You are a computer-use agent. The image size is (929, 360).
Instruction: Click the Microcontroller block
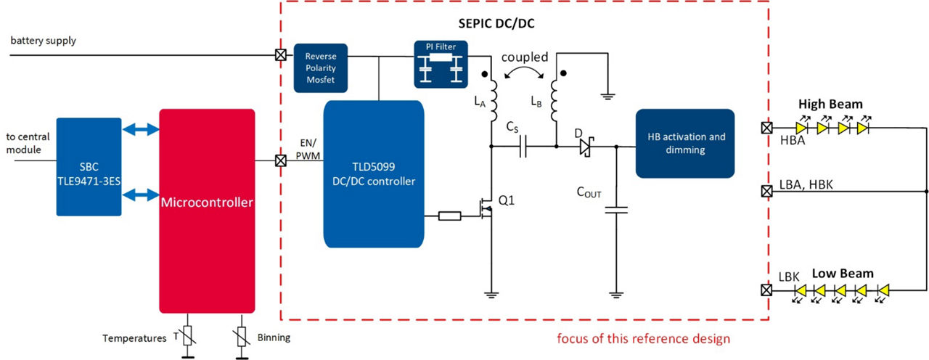coord(207,210)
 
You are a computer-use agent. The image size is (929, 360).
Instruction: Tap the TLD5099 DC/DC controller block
coord(373,174)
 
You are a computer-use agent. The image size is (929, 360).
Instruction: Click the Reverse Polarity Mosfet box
coord(320,67)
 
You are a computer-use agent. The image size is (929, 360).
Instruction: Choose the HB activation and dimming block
coord(684,143)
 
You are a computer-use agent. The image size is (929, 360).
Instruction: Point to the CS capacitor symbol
coord(523,148)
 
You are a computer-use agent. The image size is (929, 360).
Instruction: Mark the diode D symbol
coord(584,148)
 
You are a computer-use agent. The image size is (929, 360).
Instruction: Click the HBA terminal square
coord(766,128)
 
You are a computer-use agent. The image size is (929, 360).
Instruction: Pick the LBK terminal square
coord(766,290)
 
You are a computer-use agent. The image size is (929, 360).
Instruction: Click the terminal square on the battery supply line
coord(279,54)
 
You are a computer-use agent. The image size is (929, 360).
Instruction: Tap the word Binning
coord(274,338)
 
